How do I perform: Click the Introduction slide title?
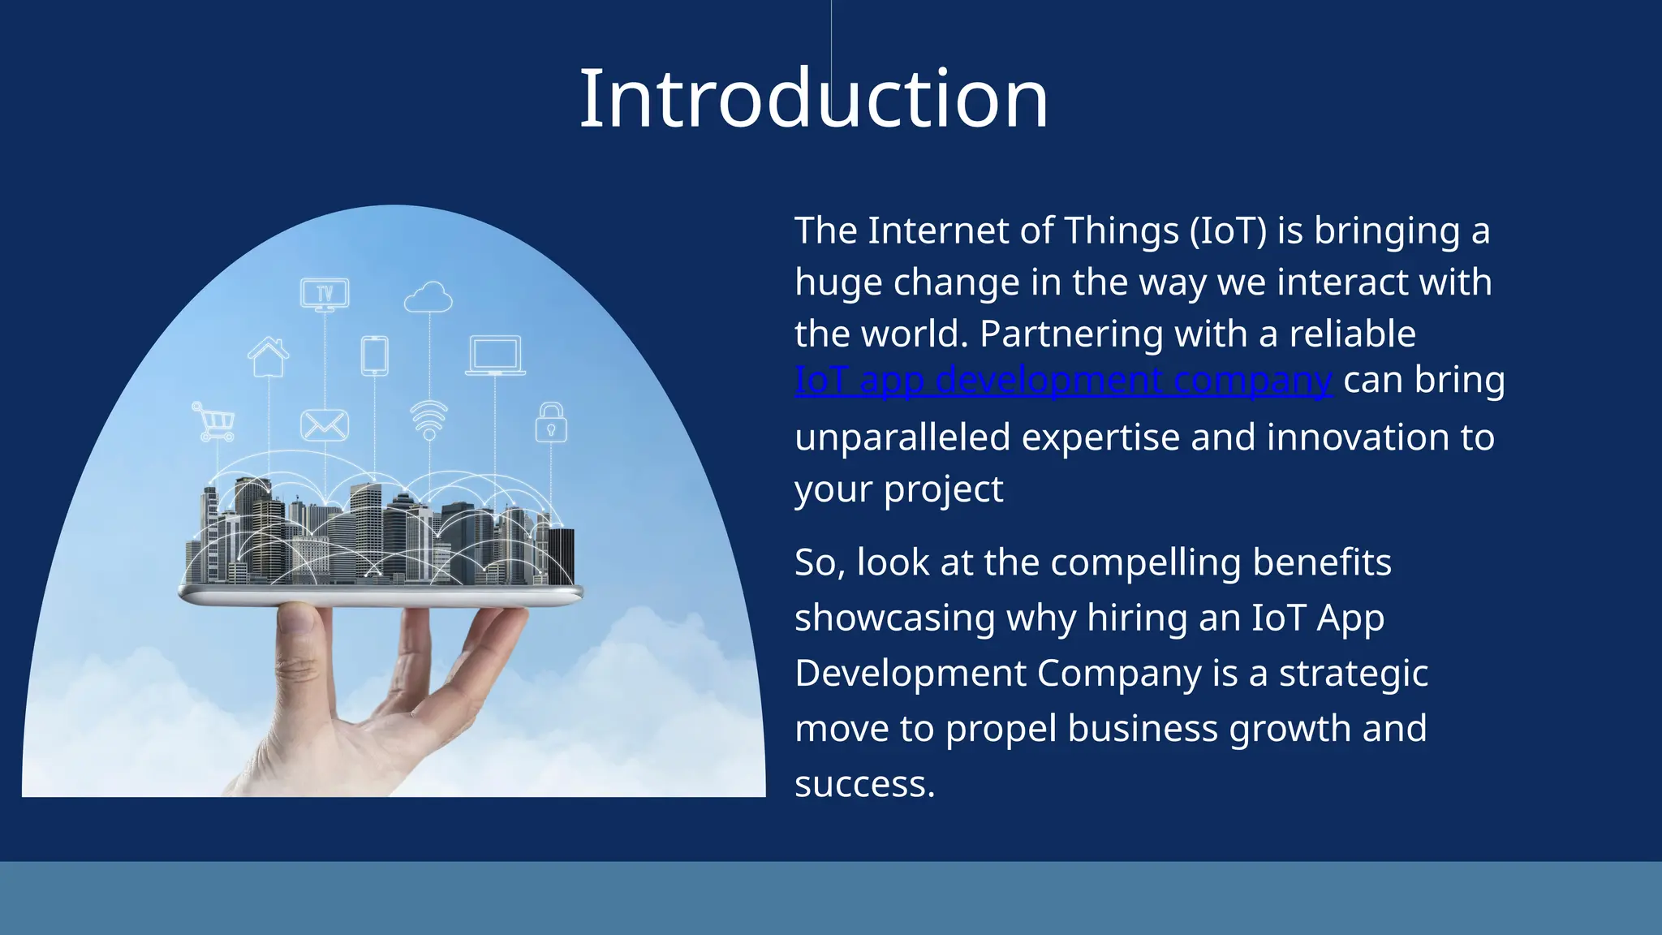[x=813, y=99]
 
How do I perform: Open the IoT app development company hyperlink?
[x=1063, y=380]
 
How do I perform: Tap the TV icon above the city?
[x=325, y=293]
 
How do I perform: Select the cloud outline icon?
[x=428, y=298]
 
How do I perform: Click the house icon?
[x=269, y=357]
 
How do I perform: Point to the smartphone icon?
[x=374, y=355]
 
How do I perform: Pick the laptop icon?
[x=495, y=355]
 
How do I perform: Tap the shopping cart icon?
[x=214, y=421]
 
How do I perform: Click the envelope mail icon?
[x=325, y=424]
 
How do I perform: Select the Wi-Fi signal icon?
[x=429, y=420]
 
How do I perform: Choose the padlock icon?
[x=551, y=423]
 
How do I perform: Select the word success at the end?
[x=863, y=784]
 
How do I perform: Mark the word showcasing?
[x=894, y=618]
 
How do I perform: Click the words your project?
[x=898, y=489]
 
